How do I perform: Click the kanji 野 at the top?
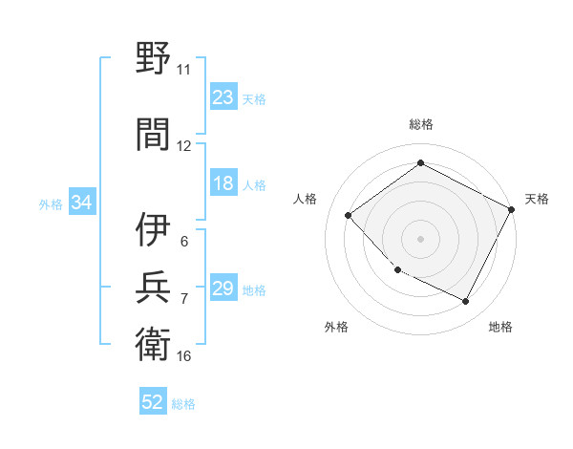(153, 58)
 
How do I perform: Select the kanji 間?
(153, 133)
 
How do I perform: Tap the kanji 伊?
(153, 229)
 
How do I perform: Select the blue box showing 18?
(223, 184)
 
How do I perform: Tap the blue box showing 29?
(223, 289)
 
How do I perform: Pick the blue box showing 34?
(82, 203)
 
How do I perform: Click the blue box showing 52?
(153, 403)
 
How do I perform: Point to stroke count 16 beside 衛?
(184, 356)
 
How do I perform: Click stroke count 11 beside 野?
(183, 69)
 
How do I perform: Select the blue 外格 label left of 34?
(51, 204)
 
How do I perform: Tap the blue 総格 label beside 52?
(183, 404)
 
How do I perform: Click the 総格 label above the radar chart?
(420, 124)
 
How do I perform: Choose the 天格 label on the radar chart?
(537, 199)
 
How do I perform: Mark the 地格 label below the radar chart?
(500, 327)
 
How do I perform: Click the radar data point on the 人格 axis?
(349, 216)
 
